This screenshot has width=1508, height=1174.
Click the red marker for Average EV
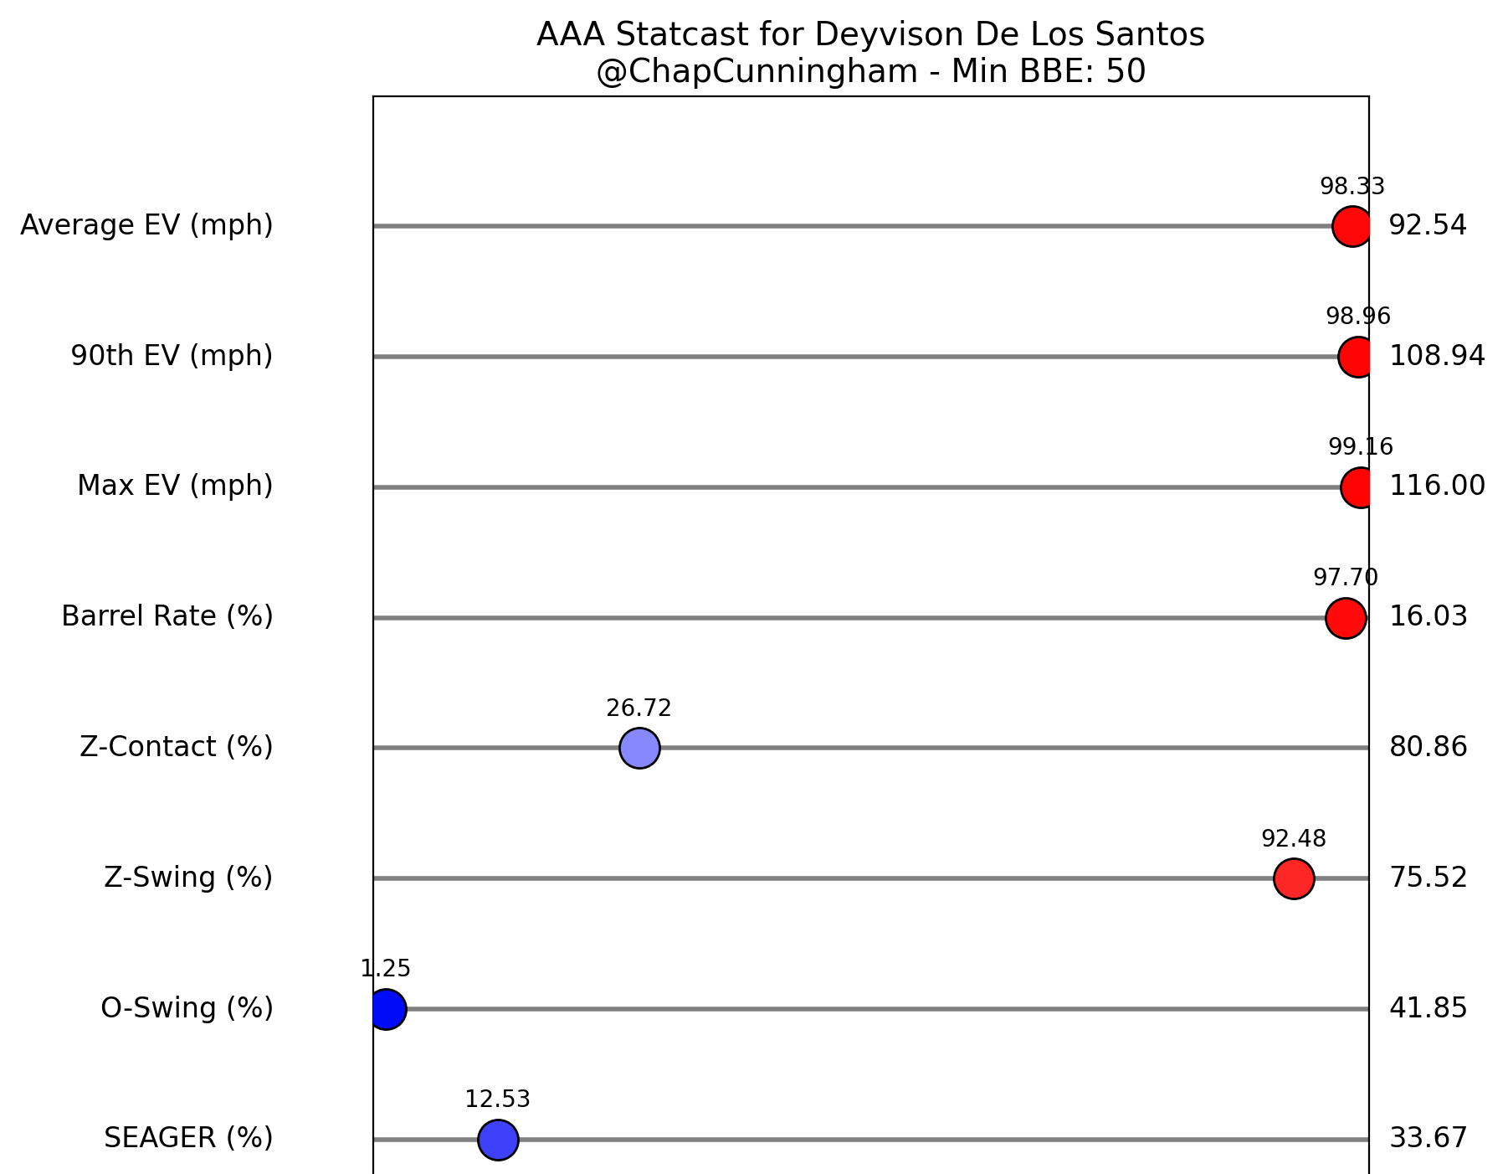(1352, 226)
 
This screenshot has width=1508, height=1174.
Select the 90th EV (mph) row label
(172, 356)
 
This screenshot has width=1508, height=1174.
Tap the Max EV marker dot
(1359, 487)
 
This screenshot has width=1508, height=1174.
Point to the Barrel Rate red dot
(1346, 618)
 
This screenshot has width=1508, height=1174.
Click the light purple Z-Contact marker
(639, 748)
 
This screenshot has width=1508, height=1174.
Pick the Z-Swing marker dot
(1294, 878)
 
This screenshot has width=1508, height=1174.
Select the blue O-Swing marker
(387, 1009)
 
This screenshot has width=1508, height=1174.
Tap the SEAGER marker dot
(498, 1140)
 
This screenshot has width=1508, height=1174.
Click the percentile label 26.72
(639, 708)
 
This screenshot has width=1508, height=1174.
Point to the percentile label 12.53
(497, 1099)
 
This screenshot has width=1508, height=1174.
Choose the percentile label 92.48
(1294, 838)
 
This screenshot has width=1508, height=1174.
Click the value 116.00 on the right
(1437, 486)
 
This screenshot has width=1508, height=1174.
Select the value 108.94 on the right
(1437, 356)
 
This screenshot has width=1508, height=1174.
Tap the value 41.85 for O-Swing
(1428, 1008)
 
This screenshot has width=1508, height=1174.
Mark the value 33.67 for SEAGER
(1428, 1138)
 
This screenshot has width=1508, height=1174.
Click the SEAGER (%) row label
(188, 1138)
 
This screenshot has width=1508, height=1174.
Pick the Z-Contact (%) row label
(177, 746)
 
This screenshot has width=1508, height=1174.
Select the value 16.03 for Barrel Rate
(1428, 616)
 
